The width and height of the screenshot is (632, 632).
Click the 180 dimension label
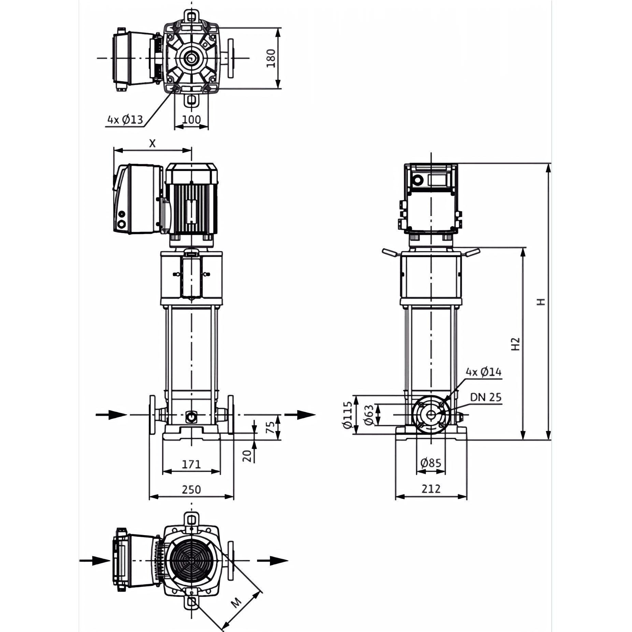coord(271,58)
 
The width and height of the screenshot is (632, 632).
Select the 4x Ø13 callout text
coord(125,120)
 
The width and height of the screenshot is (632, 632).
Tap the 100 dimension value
coord(191,120)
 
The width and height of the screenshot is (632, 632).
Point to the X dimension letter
coord(152,143)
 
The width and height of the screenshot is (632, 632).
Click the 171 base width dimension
coord(191,464)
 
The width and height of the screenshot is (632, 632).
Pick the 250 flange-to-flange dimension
coord(191,490)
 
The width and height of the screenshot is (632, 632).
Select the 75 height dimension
coord(270,427)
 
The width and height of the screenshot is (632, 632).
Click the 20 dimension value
coord(247,456)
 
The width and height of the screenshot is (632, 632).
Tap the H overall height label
coord(541,302)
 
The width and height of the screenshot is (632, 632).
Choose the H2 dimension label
coord(515,344)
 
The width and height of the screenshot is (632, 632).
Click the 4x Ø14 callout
coord(484,372)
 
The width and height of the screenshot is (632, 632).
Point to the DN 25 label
coord(486,397)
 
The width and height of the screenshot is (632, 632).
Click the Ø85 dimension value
coord(431,463)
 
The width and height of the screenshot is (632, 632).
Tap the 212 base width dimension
coord(431,489)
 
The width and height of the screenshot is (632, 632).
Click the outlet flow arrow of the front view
coord(300,415)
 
